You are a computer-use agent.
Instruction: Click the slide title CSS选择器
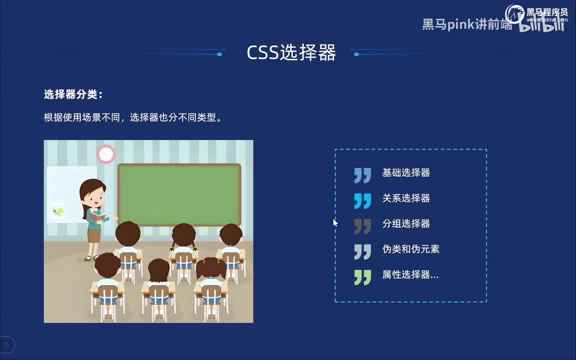(291, 52)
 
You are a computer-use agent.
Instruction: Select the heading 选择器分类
(73, 94)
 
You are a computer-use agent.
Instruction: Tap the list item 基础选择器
(406, 173)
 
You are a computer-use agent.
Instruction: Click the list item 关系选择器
(406, 198)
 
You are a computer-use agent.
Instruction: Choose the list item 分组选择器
(406, 224)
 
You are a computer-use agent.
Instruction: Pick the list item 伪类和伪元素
(410, 249)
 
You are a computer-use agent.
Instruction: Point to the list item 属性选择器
(410, 275)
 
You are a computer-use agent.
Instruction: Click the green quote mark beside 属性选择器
(362, 277)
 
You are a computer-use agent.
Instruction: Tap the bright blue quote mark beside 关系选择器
(362, 200)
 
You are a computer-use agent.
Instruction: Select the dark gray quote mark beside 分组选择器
(362, 226)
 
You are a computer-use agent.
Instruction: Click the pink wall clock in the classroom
(106, 154)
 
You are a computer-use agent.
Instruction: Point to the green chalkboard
(179, 194)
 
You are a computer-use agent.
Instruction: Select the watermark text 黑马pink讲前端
(467, 24)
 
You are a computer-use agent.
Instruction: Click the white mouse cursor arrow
(335, 222)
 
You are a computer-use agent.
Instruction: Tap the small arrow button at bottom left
(6, 344)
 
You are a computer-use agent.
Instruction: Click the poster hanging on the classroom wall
(58, 210)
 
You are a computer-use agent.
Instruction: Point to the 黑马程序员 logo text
(546, 12)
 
